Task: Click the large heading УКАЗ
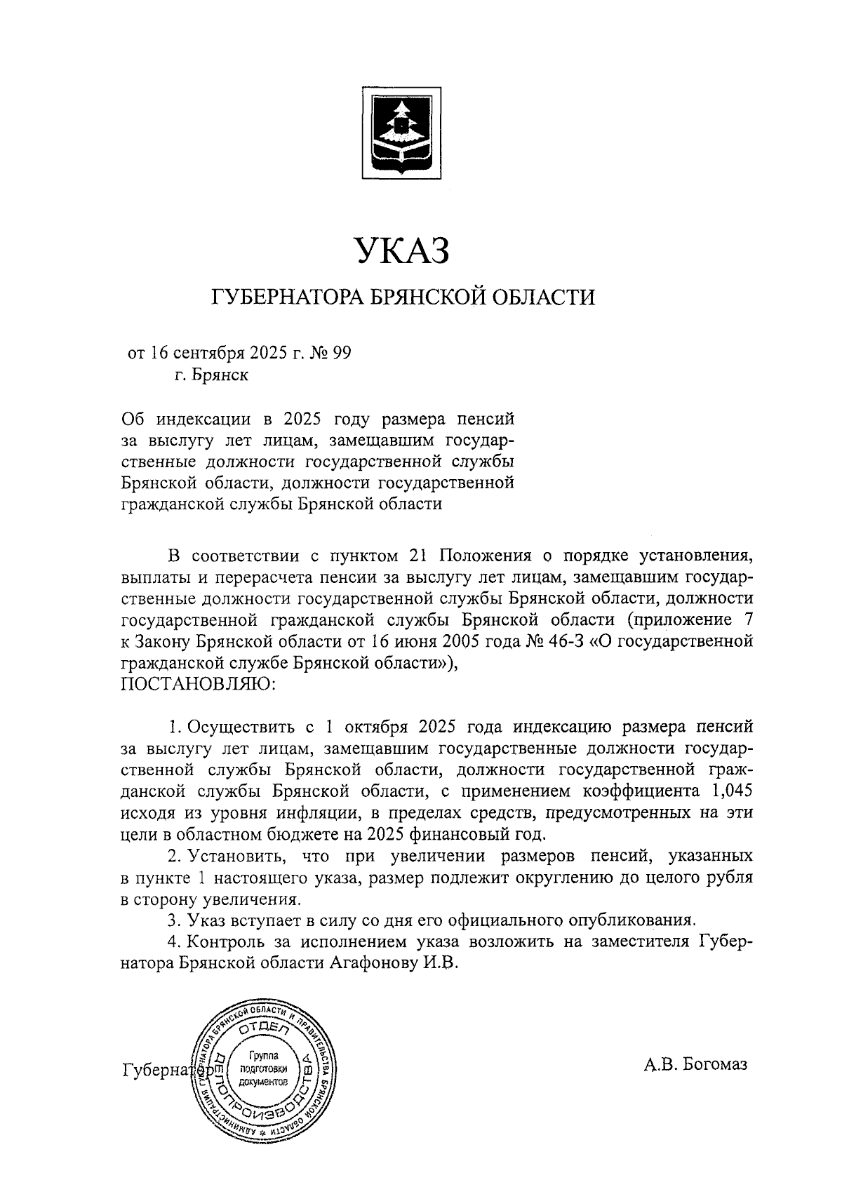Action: pos(401,251)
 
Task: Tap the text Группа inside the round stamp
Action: pos(265,1057)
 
